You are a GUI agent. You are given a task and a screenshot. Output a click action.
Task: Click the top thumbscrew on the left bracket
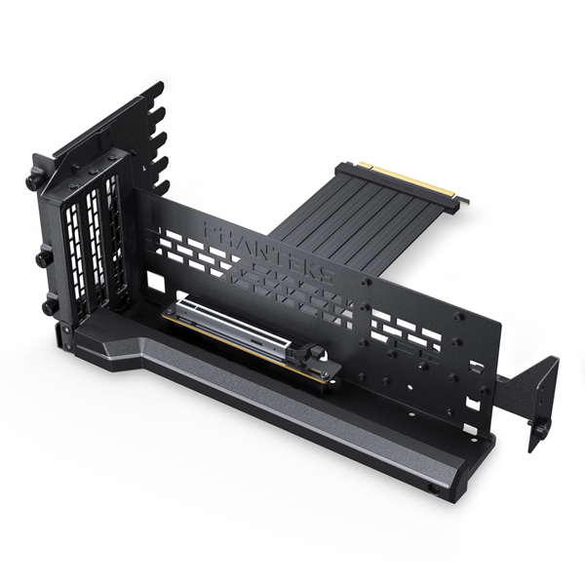(33, 181)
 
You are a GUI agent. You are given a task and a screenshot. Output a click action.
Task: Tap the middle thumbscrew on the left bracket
(43, 259)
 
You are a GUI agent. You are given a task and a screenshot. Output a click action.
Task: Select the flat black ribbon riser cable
(341, 219)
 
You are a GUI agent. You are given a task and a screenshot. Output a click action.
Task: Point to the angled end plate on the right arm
(542, 400)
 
